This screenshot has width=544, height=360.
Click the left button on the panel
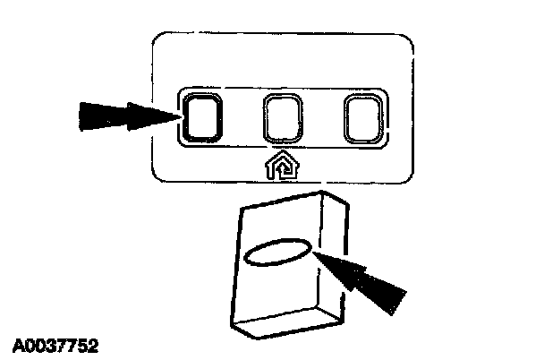coord(200,117)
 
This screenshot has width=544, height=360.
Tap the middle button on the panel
coord(283,119)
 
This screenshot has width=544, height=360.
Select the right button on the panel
coord(363,119)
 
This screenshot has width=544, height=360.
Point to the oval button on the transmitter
coord(277,252)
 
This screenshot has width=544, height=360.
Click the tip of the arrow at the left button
coord(178,115)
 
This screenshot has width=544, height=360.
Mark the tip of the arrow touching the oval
coord(314,254)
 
